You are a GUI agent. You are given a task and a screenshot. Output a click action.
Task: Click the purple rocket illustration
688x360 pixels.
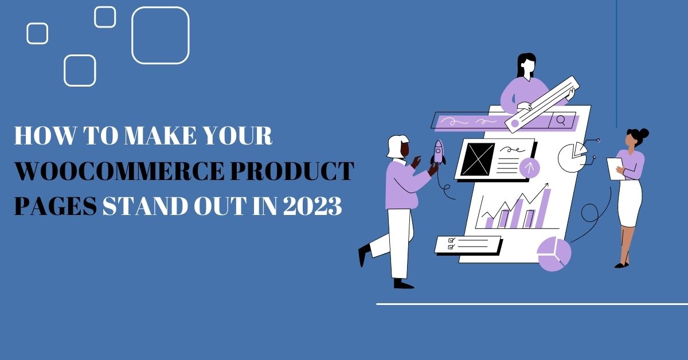[439, 152]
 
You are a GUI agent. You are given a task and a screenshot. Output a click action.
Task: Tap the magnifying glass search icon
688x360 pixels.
[561, 120]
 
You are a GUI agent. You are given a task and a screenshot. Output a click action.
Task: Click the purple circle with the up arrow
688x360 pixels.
[530, 167]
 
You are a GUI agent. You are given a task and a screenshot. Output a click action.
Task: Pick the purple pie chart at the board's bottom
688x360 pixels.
[554, 253]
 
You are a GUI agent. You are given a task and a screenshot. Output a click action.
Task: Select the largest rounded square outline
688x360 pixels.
[161, 35]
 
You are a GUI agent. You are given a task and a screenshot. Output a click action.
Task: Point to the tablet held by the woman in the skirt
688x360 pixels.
[615, 169]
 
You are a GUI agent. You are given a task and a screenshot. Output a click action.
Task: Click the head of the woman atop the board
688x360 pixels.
[526, 65]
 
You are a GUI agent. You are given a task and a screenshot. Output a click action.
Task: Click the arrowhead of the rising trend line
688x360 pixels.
[546, 185]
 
